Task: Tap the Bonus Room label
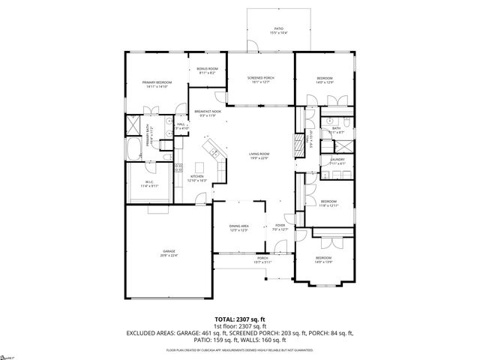point(206,71)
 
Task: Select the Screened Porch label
point(258,79)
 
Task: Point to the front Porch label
point(263,259)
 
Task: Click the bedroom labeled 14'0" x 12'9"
point(324,80)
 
